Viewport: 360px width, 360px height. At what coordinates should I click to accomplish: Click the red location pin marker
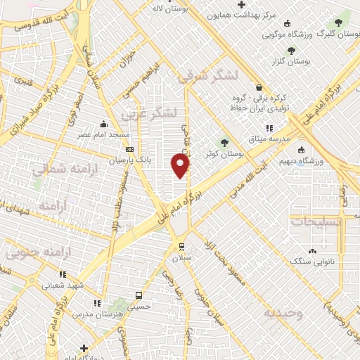click(x=181, y=165)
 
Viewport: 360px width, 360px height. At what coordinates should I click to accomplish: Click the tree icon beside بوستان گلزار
click(x=291, y=50)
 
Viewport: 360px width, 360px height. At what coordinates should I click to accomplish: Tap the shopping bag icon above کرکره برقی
click(x=259, y=88)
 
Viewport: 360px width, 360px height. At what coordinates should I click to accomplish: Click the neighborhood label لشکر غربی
click(x=148, y=112)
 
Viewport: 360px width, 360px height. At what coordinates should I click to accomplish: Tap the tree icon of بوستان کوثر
click(x=224, y=143)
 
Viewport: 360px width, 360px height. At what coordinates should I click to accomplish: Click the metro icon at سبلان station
click(x=181, y=247)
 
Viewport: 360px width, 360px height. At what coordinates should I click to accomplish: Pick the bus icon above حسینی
click(x=139, y=296)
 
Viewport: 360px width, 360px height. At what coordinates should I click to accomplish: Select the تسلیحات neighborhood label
click(x=317, y=221)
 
